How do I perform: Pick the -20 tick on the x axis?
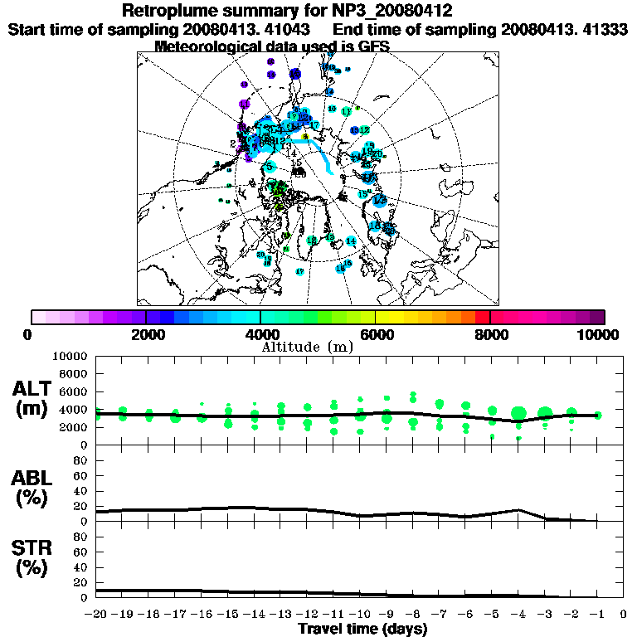(97, 615)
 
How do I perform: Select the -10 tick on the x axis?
(360, 615)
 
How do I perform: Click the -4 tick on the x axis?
(518, 615)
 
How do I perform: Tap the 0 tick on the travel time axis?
(623, 615)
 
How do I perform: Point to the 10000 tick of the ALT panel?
(69, 356)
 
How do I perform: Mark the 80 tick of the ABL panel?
(80, 460)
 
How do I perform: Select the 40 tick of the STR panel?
(80, 567)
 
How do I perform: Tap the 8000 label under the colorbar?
(490, 334)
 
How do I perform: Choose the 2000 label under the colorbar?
(146, 334)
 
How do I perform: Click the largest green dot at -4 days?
(519, 413)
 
